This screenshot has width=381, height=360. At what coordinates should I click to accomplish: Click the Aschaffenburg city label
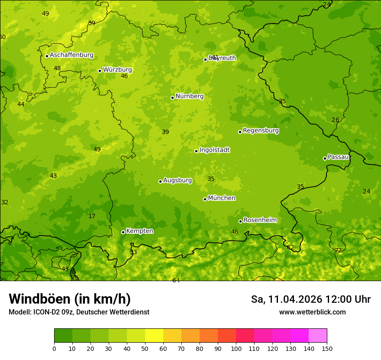(71, 55)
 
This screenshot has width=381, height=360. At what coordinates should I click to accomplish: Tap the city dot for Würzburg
(100, 71)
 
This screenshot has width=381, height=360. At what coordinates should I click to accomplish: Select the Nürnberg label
(189, 96)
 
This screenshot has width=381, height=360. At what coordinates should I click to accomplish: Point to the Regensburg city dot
(240, 132)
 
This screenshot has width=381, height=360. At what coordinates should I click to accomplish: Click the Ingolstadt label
(214, 150)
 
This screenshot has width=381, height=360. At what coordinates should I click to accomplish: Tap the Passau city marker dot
(325, 158)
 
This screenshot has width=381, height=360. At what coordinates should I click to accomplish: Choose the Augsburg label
(178, 180)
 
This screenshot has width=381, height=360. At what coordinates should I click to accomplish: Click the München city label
(222, 198)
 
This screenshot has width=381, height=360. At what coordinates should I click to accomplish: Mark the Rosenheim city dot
(240, 221)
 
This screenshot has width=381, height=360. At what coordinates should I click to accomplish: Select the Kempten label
(139, 231)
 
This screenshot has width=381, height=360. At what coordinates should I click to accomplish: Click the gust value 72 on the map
(338, 251)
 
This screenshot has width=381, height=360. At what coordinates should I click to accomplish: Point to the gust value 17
(92, 216)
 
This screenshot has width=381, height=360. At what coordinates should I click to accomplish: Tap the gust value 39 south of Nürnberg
(165, 132)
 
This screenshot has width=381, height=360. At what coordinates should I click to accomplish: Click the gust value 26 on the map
(335, 120)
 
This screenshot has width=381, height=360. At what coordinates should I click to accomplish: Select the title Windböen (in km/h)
(70, 299)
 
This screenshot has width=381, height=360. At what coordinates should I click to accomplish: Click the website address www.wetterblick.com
(312, 312)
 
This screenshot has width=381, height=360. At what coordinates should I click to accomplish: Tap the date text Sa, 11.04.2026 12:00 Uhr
(310, 299)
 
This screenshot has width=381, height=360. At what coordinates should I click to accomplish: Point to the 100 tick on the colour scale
(236, 348)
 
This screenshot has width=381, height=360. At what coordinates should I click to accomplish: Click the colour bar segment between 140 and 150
(318, 336)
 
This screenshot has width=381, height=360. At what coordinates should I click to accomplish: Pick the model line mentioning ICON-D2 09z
(79, 312)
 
